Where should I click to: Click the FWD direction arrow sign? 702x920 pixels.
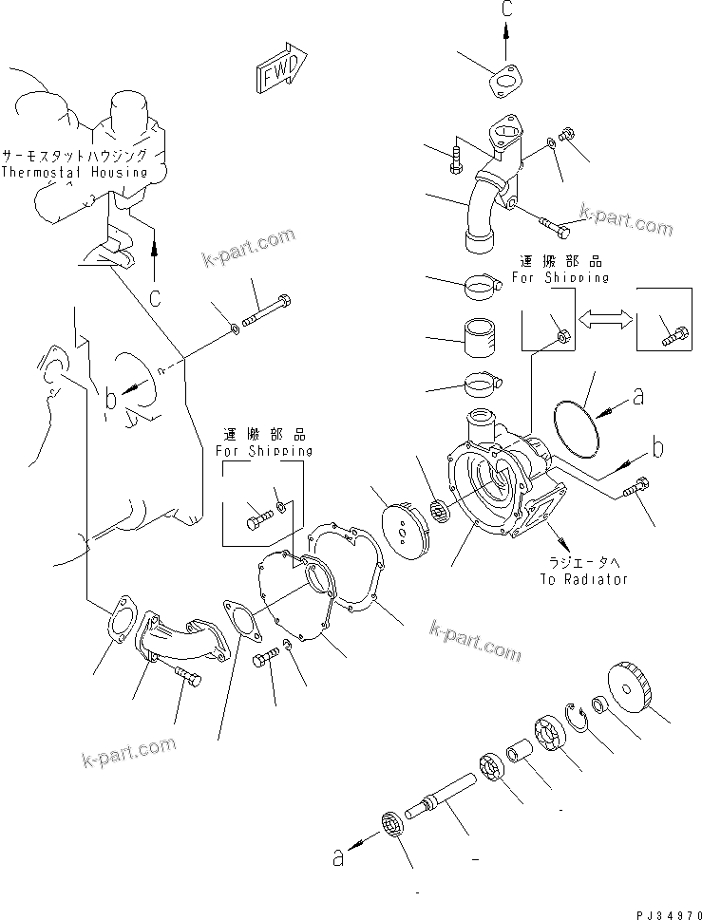tap(280, 70)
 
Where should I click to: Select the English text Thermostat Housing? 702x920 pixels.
tap(74, 172)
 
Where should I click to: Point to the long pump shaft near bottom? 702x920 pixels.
tap(443, 796)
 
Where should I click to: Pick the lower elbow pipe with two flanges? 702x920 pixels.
tap(180, 640)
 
